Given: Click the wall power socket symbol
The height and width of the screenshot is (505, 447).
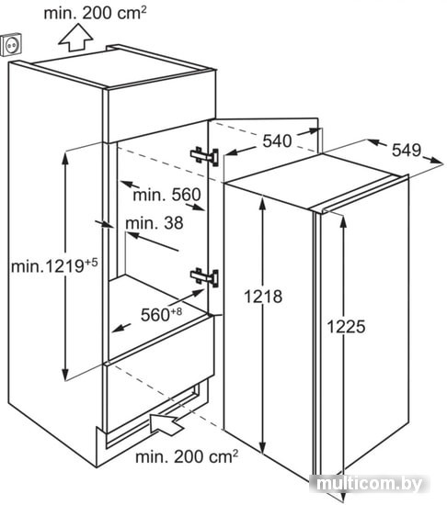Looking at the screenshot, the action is (x=12, y=44).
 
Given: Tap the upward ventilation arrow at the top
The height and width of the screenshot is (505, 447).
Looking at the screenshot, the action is (x=76, y=37).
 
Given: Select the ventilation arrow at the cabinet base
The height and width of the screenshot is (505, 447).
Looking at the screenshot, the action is (x=166, y=423).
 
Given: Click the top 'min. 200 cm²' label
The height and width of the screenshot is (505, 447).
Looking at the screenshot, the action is (x=95, y=13).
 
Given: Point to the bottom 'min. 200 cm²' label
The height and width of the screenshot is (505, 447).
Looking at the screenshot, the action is (x=187, y=456).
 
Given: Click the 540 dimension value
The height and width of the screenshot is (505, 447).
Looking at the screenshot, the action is (x=277, y=141).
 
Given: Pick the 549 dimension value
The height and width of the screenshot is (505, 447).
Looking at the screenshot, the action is (x=407, y=150).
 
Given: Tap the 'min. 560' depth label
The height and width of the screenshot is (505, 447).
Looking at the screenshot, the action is (x=167, y=195).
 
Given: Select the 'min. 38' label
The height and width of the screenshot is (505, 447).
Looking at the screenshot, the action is (x=155, y=223).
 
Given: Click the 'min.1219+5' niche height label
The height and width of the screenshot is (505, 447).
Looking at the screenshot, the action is (x=54, y=266).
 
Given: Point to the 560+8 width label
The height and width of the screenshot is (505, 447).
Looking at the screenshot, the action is (x=161, y=314).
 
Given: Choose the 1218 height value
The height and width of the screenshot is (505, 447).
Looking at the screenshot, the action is (x=263, y=297).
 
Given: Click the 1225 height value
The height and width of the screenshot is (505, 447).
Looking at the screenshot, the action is (x=347, y=326).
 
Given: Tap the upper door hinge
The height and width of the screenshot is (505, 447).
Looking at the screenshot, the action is (x=204, y=156).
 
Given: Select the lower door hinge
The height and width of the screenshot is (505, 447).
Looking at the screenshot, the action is (x=204, y=277).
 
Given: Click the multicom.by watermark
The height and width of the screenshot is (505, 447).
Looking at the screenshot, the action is (x=369, y=484).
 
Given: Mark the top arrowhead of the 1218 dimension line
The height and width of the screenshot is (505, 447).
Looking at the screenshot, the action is (x=263, y=197).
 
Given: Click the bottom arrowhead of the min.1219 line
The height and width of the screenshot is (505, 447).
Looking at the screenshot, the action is (x=65, y=379).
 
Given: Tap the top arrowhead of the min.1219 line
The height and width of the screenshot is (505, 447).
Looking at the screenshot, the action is (x=65, y=152).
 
